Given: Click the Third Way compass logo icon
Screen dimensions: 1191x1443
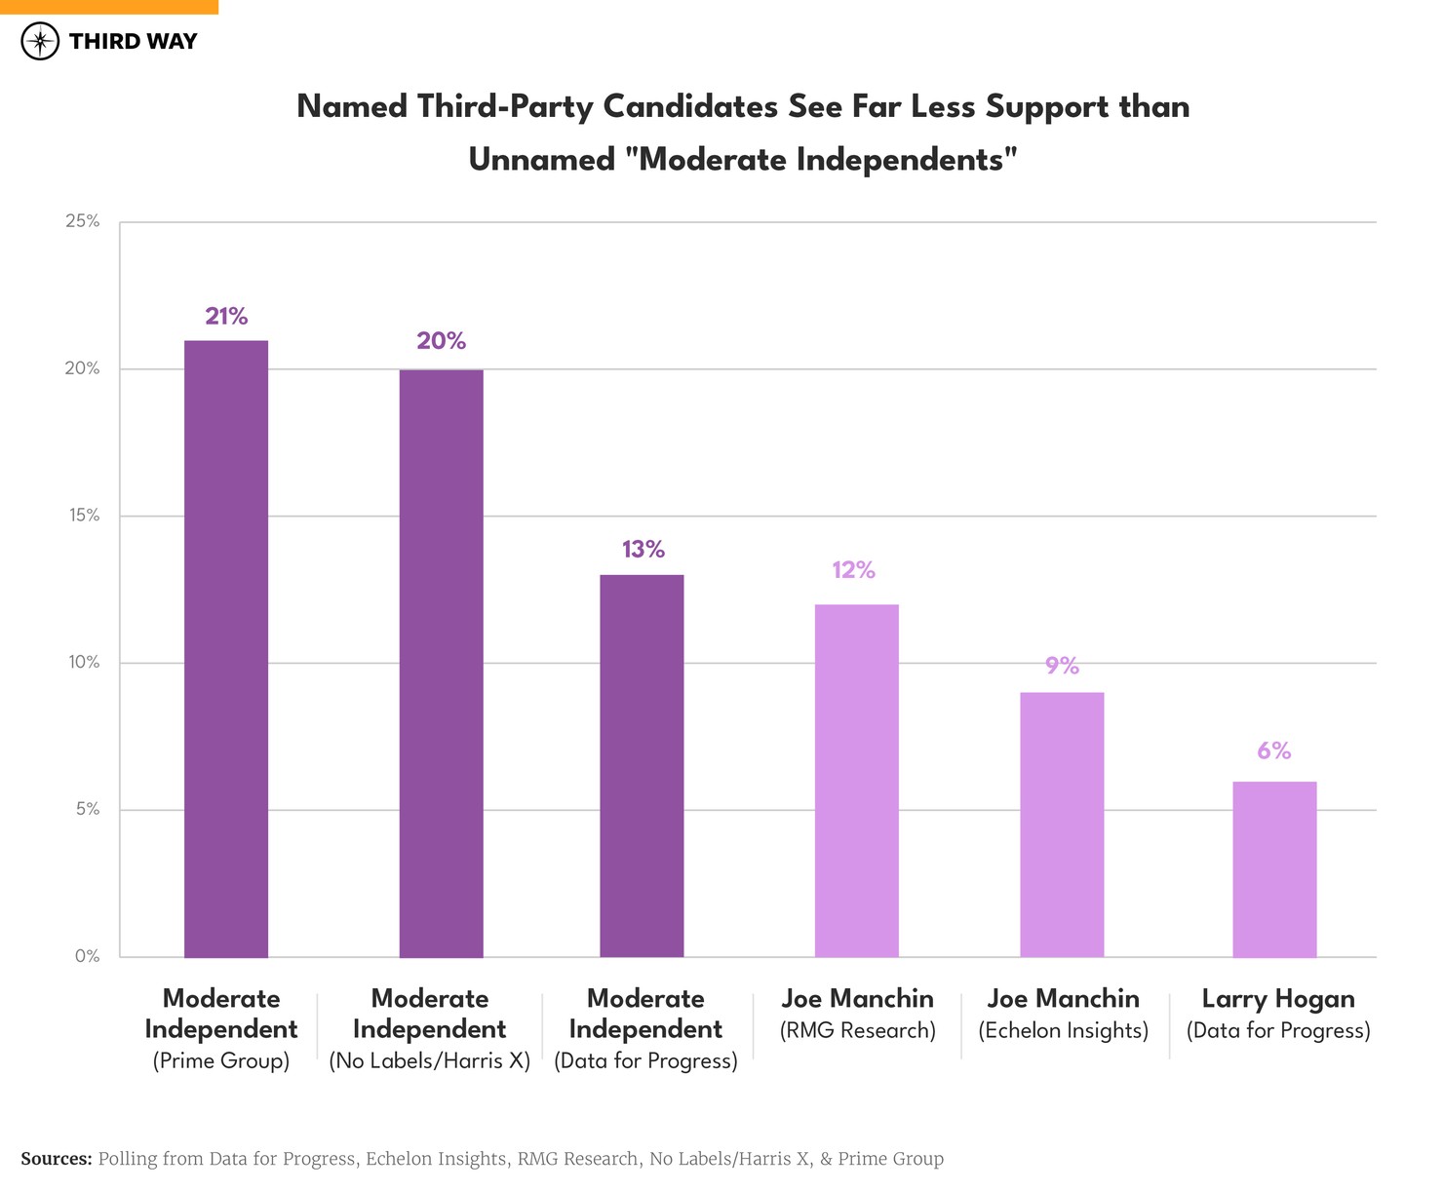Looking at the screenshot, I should click(40, 41).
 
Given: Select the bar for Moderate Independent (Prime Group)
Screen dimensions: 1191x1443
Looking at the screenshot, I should click(226, 648).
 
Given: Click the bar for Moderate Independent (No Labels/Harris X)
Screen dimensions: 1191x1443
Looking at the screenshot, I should click(441, 663).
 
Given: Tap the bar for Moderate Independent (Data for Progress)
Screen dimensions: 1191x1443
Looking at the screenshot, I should click(642, 766).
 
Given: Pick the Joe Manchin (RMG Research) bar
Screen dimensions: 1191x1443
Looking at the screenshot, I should click(856, 781).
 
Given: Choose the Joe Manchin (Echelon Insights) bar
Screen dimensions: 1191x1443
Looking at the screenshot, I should click(1062, 825).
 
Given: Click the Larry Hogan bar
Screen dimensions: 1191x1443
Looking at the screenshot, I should click(1274, 869).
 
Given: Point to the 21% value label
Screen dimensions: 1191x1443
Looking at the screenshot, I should click(226, 316).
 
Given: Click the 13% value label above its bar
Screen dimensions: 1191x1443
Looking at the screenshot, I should click(643, 550).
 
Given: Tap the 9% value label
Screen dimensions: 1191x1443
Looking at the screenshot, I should click(1062, 666).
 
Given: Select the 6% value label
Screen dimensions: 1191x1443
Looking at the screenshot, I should click(1273, 750).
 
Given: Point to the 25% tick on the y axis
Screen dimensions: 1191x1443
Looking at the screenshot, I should click(83, 221).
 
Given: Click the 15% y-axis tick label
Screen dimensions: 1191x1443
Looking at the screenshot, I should click(85, 516).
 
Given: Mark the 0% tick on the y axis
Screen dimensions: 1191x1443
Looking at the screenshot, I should click(88, 956).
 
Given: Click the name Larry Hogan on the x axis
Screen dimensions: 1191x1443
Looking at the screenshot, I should click(1277, 999).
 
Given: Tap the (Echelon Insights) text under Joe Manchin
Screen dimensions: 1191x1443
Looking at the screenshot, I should click(1064, 1030).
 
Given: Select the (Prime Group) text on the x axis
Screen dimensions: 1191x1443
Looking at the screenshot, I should click(221, 1060).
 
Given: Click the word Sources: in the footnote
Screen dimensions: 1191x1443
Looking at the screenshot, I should click(57, 1159).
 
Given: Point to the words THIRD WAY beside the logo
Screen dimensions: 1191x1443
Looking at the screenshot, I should click(133, 41).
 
